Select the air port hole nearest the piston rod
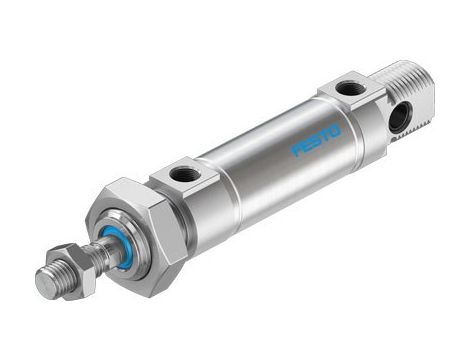pyautogui.click(x=182, y=175)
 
